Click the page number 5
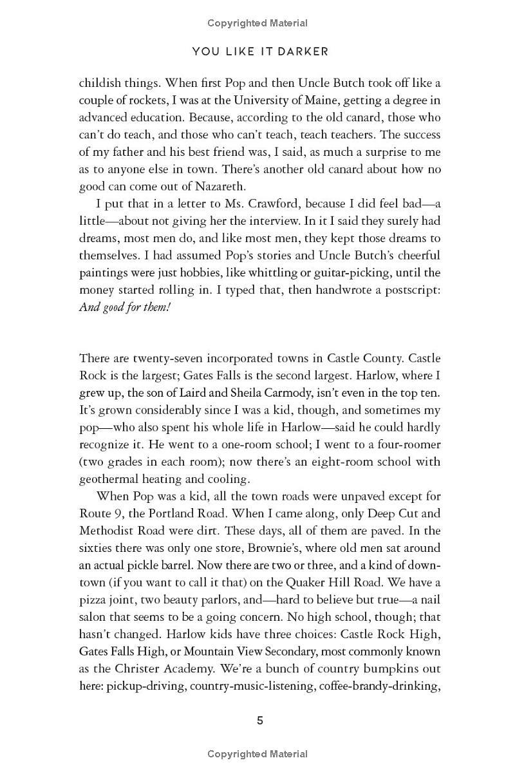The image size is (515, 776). click(x=260, y=721)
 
